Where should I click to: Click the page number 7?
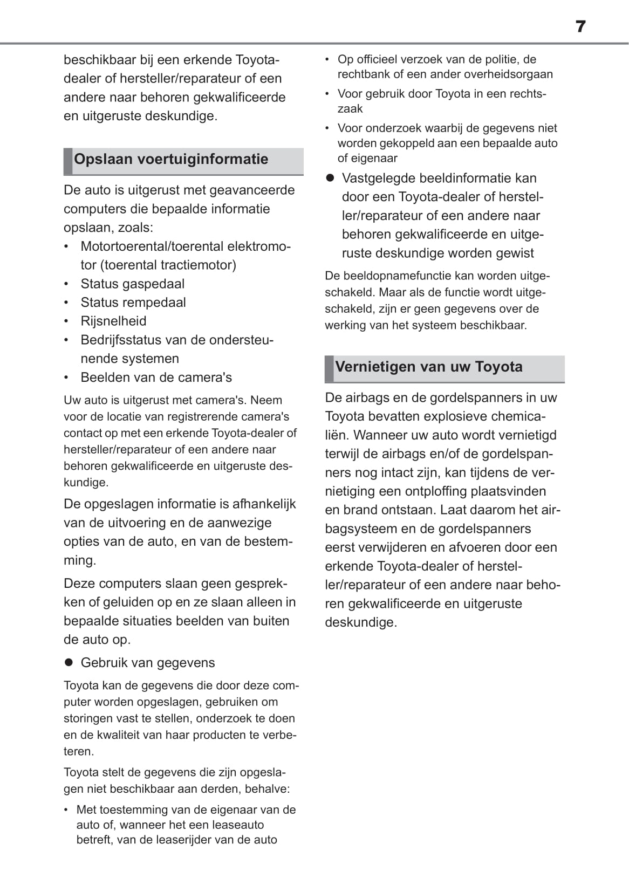[580, 26]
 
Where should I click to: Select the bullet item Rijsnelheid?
[113, 321]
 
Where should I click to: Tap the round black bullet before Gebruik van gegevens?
[69, 662]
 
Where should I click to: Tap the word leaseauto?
[238, 825]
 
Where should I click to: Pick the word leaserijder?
[193, 840]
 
